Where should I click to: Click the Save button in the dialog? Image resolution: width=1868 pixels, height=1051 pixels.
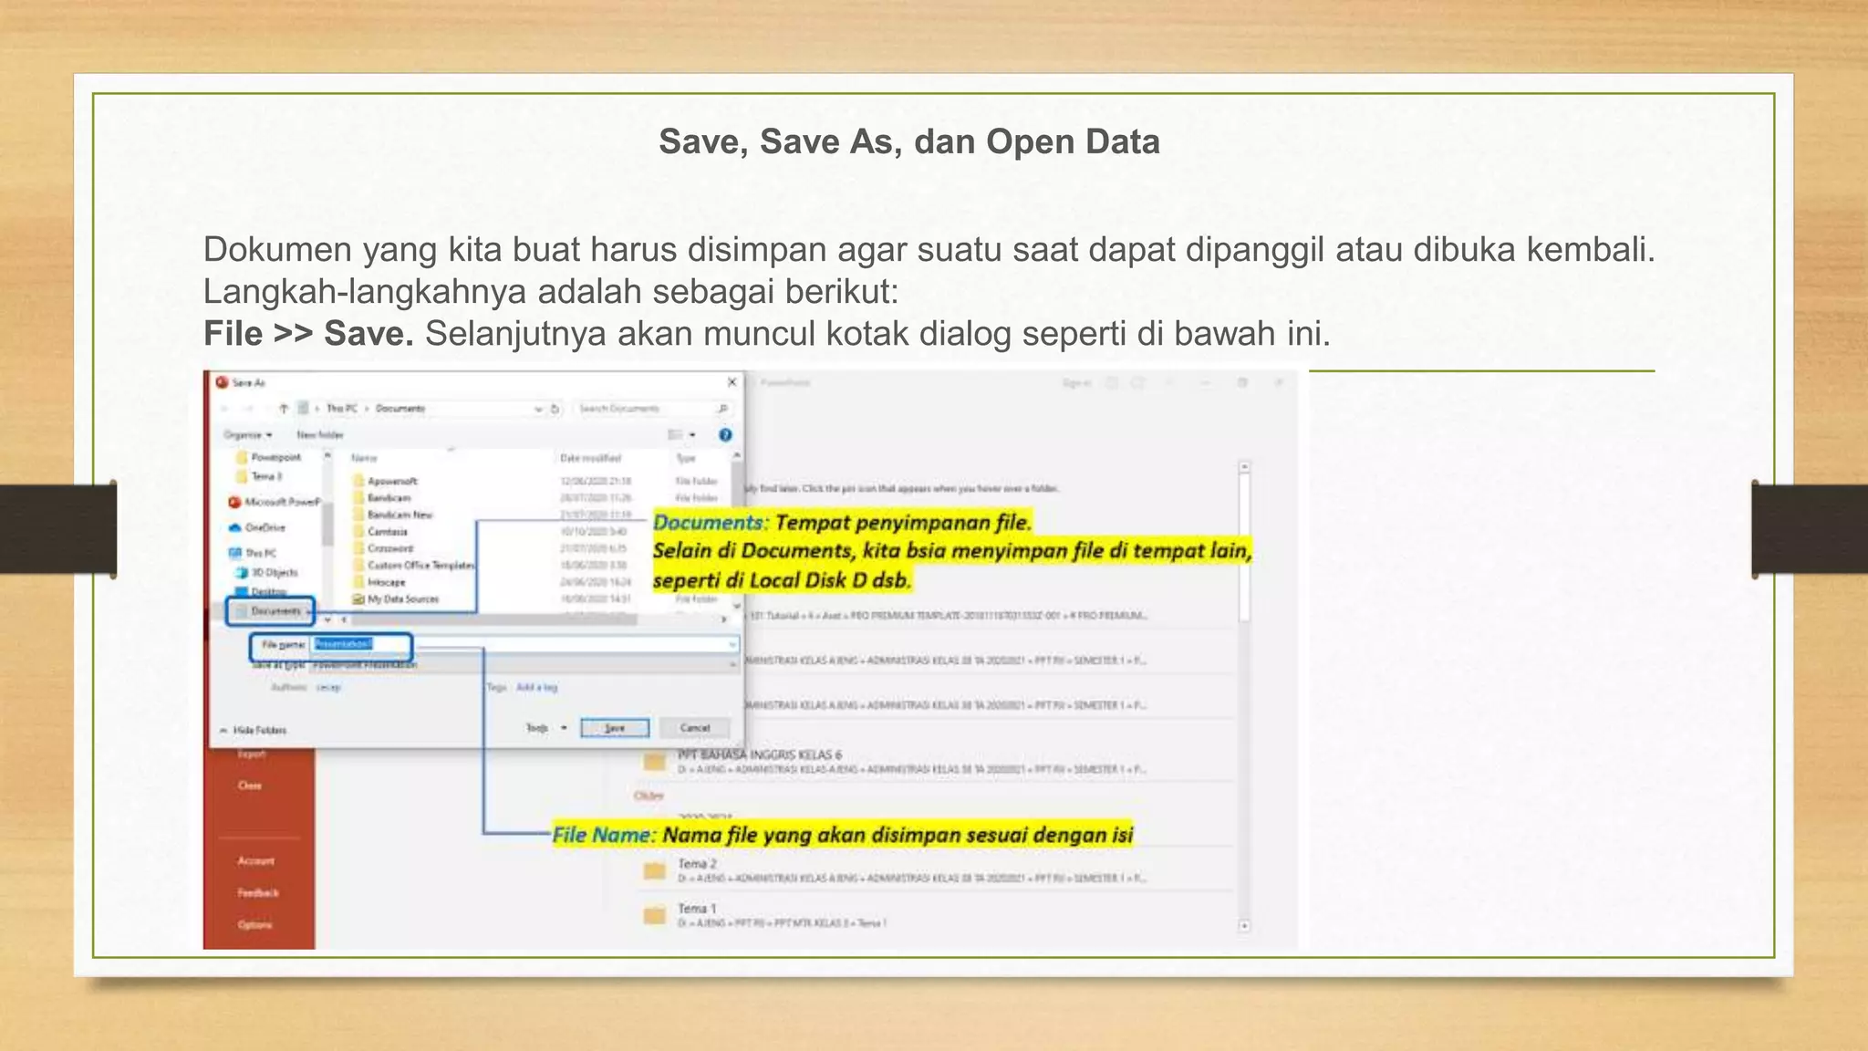pos(615,728)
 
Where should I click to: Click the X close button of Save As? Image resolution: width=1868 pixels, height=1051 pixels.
pos(732,382)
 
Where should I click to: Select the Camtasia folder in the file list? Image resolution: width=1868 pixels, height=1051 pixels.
pos(387,532)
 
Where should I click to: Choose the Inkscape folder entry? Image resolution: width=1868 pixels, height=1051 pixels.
pos(386,582)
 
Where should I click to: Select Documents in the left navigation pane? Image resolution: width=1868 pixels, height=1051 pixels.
pos(275,611)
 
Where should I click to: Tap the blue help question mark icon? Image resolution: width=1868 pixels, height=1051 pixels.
pos(725,435)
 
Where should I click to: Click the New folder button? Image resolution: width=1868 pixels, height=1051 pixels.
pos(319,435)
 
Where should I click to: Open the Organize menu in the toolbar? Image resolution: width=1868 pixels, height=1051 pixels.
pos(247,435)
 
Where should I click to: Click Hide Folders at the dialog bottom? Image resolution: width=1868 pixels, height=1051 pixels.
pos(258,730)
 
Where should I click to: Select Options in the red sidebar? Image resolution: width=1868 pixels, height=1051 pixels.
pos(254,925)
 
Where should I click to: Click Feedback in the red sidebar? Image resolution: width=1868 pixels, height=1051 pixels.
pos(257,893)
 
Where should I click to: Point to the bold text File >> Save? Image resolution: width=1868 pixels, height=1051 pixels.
pos(308,334)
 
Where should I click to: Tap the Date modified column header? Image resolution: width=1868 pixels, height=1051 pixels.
pos(590,458)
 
